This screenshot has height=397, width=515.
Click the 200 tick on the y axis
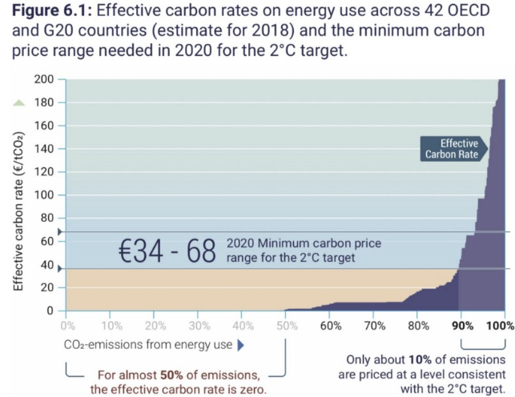tap(45, 81)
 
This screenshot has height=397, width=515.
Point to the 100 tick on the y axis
tap(45, 195)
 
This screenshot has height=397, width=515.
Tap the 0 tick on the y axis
tap(51, 311)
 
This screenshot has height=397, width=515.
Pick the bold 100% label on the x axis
tap(499, 326)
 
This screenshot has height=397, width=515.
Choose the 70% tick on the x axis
tap(374, 326)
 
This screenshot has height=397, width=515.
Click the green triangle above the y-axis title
tap(18, 103)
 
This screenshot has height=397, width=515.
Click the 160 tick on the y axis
tap(45, 126)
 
